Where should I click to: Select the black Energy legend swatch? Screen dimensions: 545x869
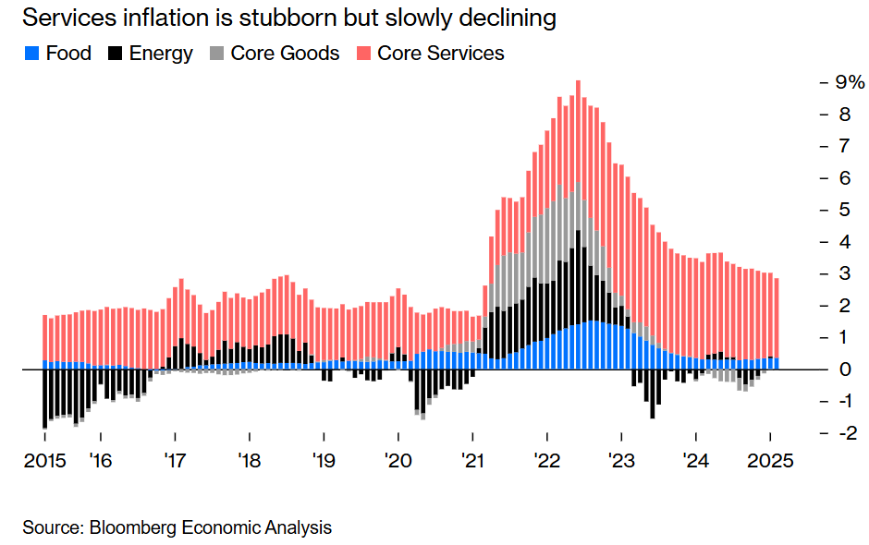click(116, 54)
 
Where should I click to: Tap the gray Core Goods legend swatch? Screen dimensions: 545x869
click(216, 54)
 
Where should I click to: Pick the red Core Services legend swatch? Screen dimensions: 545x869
click(363, 54)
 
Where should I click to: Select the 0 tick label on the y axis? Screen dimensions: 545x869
click(845, 369)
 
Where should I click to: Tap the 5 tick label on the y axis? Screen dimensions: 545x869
click(845, 210)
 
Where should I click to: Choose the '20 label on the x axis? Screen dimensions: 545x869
click(398, 461)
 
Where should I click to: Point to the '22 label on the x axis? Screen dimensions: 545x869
click(546, 461)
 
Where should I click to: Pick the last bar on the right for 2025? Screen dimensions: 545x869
click(777, 323)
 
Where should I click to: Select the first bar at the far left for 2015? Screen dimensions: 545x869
click(44, 369)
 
